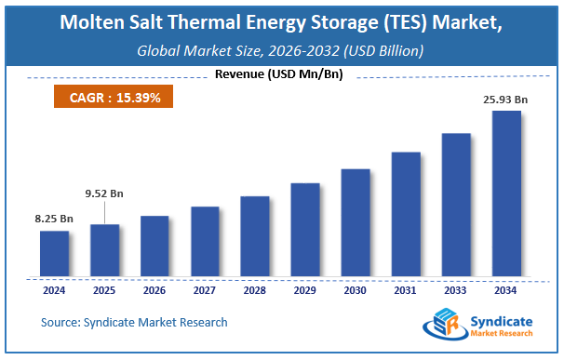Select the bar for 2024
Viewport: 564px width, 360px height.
tap(54, 254)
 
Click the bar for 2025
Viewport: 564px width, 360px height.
tap(104, 250)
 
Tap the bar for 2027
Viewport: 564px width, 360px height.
tap(205, 242)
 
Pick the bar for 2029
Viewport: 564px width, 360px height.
tap(305, 230)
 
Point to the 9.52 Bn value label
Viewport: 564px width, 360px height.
tap(104, 193)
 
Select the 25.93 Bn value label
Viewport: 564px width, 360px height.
tap(506, 100)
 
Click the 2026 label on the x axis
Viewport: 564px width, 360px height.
tap(154, 290)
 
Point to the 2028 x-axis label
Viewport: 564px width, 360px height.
tap(255, 290)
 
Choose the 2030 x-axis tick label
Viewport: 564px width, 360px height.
tap(356, 290)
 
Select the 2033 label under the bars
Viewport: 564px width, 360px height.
tap(456, 290)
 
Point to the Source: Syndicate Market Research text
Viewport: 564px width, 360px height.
tap(133, 323)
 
